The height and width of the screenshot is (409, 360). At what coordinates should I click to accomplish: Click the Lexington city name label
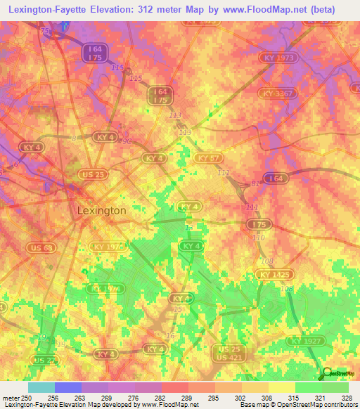[101, 210]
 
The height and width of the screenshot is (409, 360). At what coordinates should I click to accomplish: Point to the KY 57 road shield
[208, 159]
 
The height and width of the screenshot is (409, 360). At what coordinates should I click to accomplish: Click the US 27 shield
[44, 360]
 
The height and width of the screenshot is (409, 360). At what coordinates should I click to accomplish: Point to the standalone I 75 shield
[258, 223]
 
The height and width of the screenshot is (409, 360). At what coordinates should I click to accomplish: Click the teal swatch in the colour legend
[41, 387]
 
